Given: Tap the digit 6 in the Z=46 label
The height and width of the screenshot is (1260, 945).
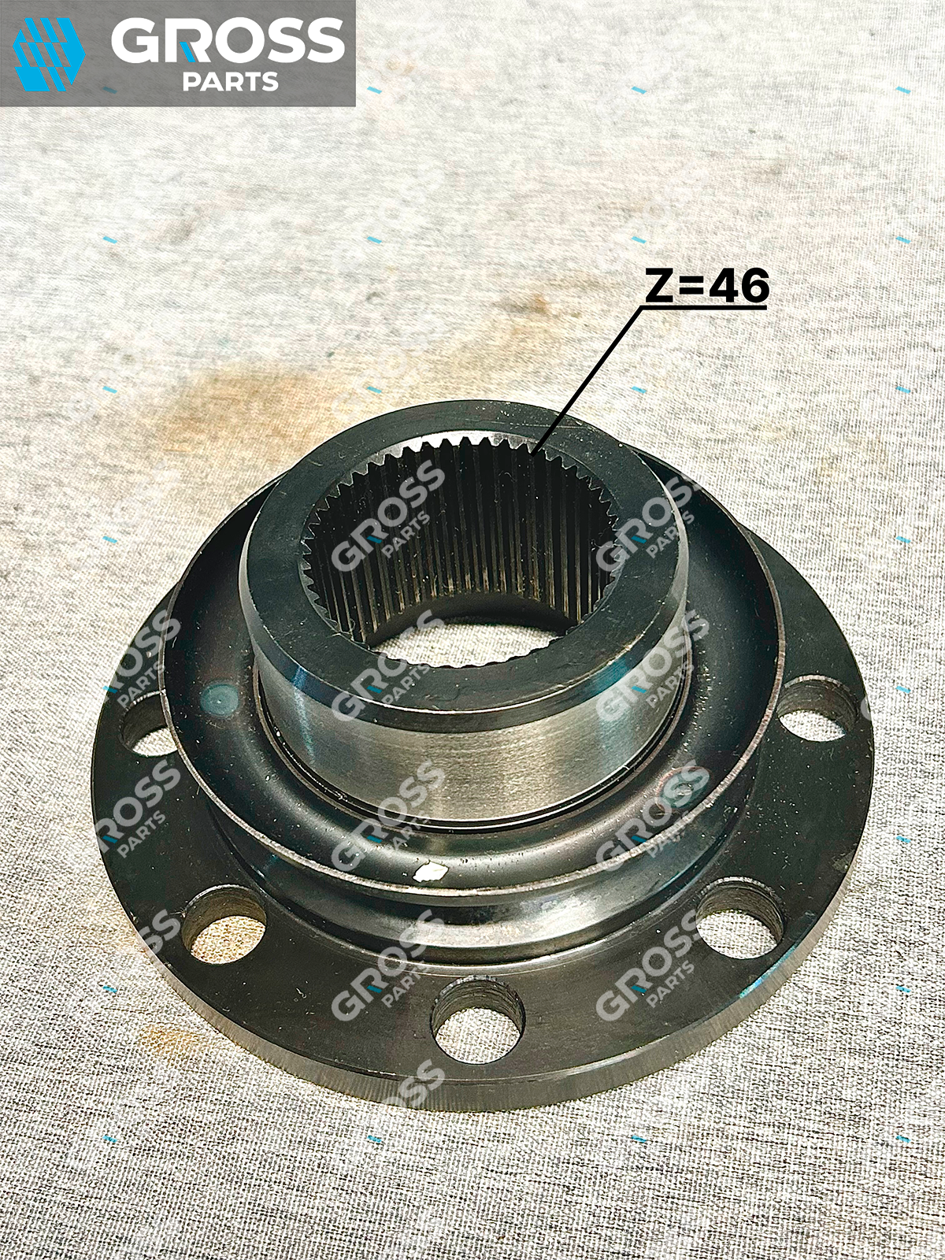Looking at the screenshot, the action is point(752,285).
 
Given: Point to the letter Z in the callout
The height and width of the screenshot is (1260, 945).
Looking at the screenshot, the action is point(661,285).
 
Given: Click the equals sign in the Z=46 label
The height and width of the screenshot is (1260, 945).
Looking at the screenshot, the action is point(691,286).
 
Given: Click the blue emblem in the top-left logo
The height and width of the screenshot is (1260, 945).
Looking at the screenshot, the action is point(49,54).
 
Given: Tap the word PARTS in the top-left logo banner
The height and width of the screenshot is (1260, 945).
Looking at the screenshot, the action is point(231,82).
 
